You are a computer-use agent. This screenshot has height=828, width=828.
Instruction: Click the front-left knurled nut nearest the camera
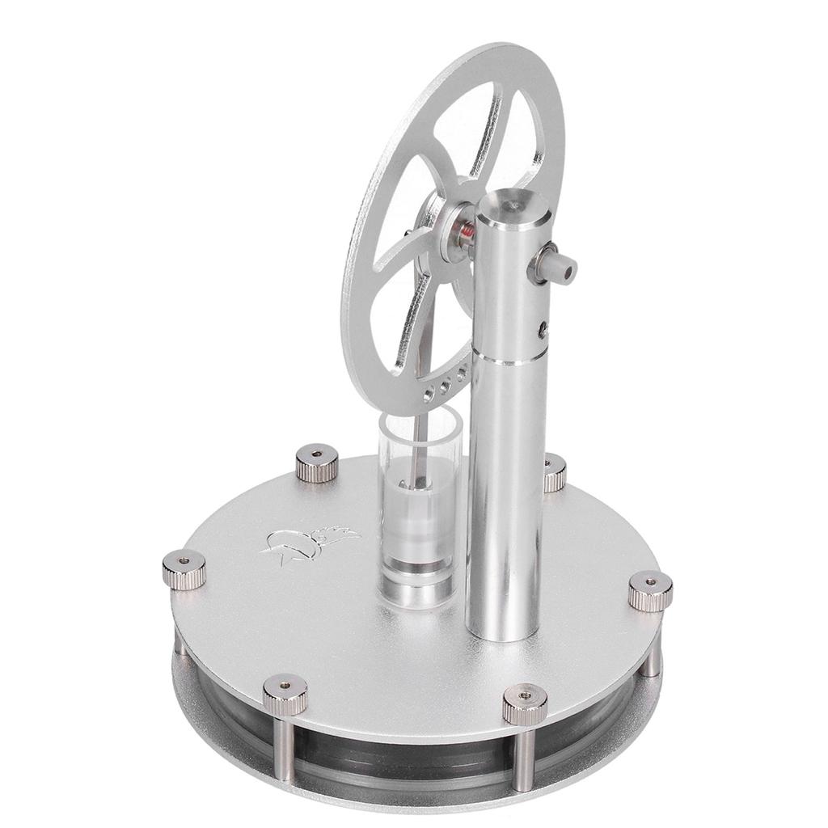pos(285,693)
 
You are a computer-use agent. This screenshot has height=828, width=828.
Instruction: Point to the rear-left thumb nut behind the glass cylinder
pos(316,463)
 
